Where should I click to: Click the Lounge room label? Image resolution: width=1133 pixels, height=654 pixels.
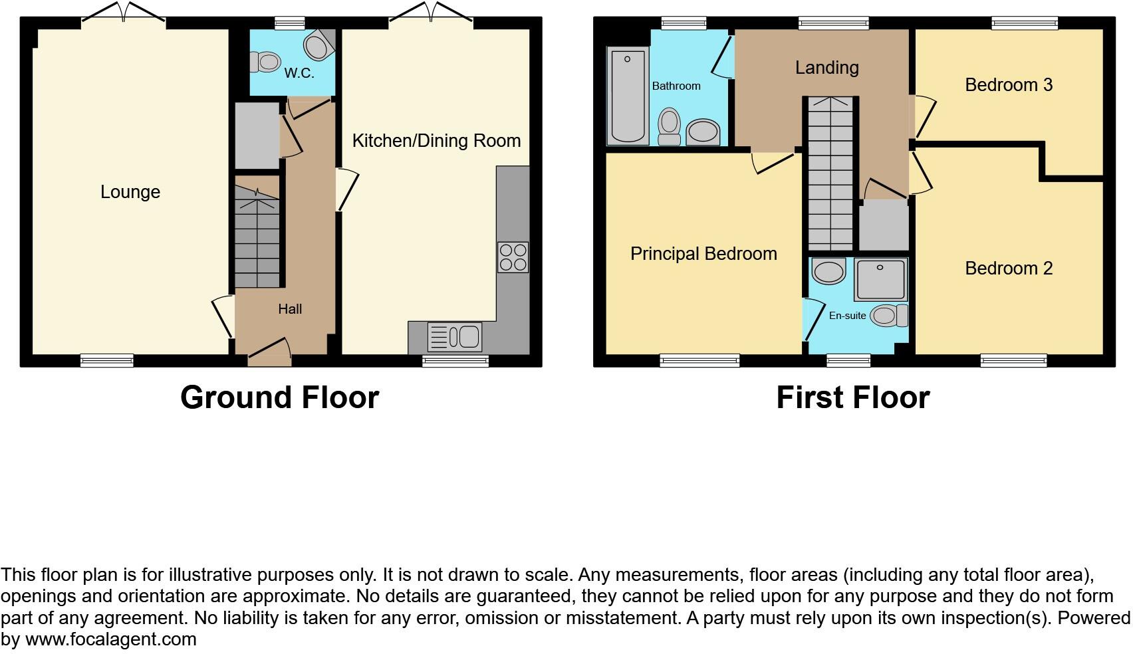[130, 192]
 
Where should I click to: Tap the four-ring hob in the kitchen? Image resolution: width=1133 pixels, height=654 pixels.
[513, 257]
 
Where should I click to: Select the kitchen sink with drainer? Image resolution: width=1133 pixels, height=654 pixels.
[455, 337]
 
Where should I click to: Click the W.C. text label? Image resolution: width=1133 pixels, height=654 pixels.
[299, 73]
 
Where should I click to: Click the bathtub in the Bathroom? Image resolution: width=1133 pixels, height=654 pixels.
[628, 96]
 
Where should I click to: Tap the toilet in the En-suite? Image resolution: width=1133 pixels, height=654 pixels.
[889, 315]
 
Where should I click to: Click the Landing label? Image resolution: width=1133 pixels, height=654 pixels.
[826, 67]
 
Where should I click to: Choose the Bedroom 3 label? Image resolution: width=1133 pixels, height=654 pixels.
[1008, 85]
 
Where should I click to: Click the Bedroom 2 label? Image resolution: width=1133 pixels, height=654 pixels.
[1008, 269]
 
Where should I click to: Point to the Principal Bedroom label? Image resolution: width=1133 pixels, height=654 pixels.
[703, 254]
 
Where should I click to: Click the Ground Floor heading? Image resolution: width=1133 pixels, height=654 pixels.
[279, 397]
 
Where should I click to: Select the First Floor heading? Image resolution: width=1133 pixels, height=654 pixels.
[852, 397]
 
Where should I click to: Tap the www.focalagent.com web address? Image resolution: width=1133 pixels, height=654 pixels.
[111, 639]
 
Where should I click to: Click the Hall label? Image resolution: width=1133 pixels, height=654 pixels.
[290, 309]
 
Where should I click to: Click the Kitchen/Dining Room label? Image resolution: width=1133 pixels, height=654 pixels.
[436, 141]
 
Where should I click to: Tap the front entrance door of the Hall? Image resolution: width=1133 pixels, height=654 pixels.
[269, 352]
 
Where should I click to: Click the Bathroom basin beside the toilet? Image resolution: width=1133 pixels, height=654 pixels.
[703, 132]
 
